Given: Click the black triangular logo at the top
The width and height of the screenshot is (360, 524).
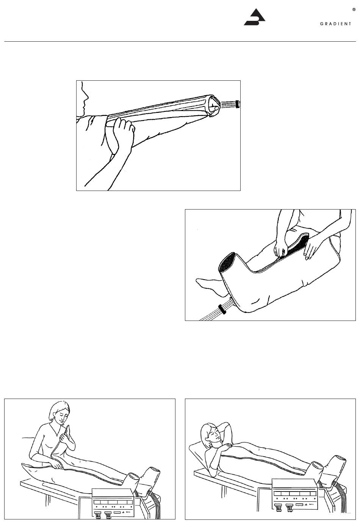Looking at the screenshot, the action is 255,17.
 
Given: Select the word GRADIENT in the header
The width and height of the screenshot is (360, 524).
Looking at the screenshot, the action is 335,24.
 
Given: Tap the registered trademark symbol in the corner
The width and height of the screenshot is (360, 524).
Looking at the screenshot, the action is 354,10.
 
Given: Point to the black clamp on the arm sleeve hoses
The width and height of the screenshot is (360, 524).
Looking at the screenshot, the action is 238,104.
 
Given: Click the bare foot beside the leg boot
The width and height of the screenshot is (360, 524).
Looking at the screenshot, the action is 209,285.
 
